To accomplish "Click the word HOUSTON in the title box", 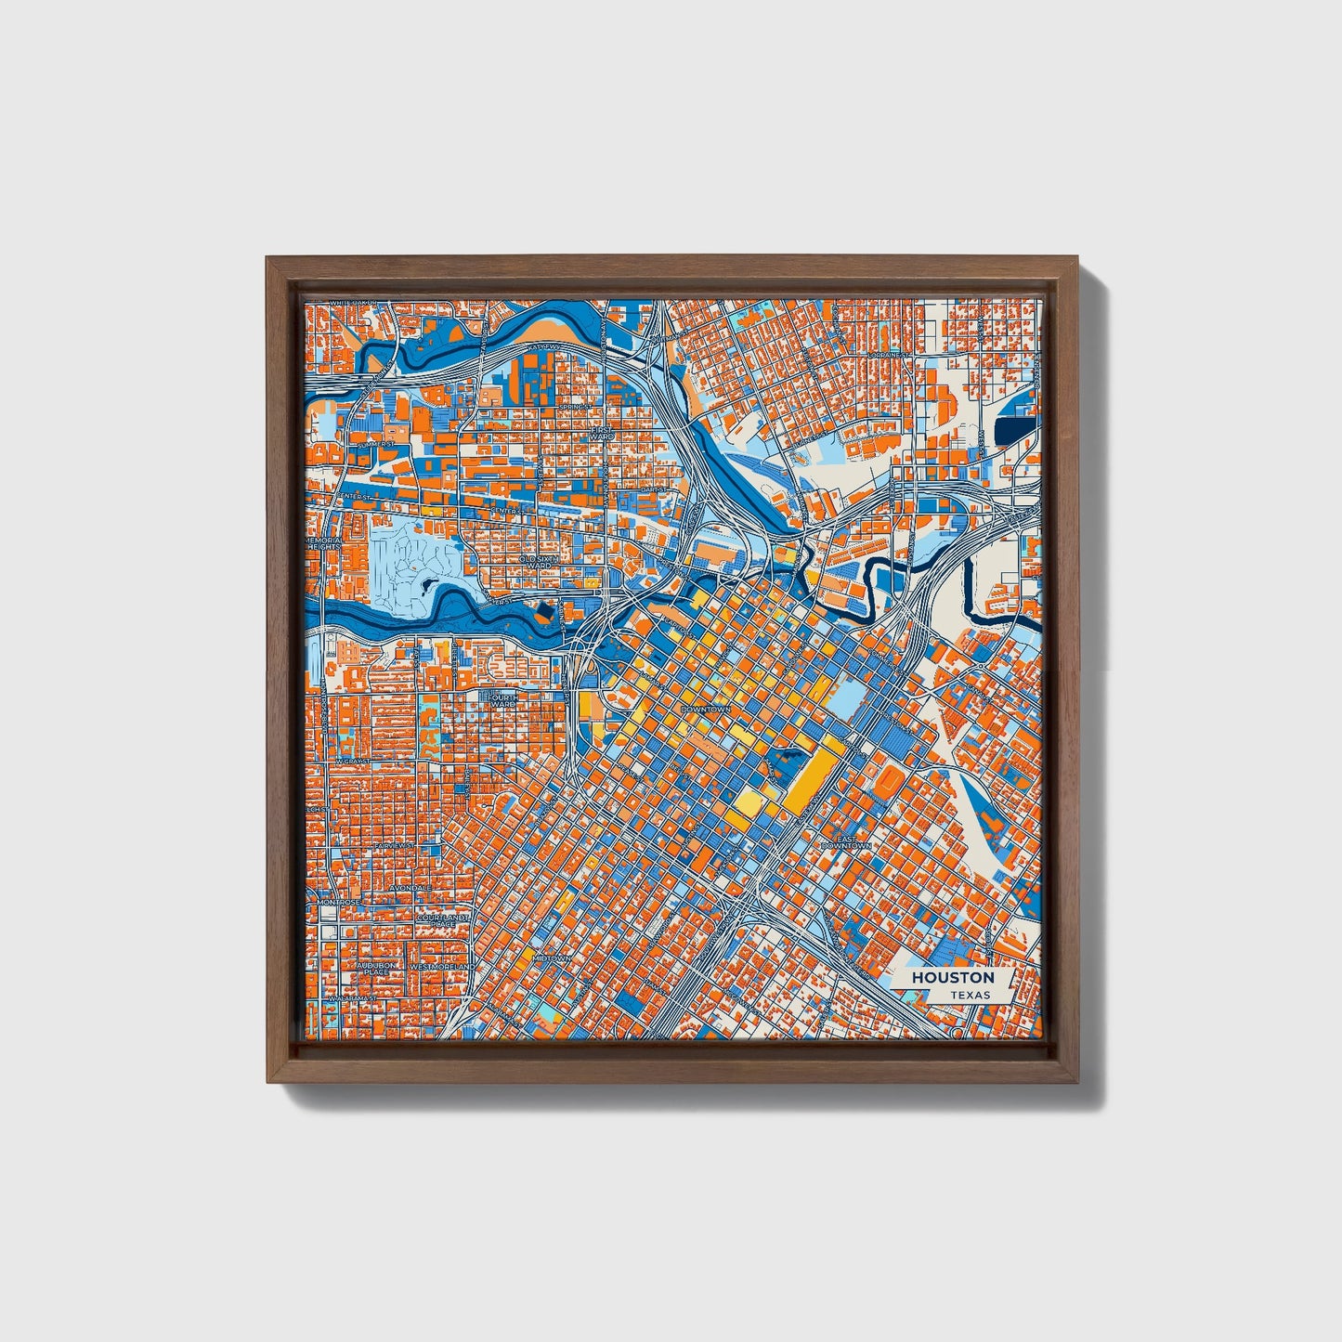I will tap(952, 977).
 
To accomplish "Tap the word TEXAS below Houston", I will tap(969, 995).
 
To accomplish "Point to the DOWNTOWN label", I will tap(707, 709).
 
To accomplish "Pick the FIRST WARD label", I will tap(603, 434).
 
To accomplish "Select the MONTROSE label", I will tap(337, 902).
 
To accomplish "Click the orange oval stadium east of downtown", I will tap(889, 782).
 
